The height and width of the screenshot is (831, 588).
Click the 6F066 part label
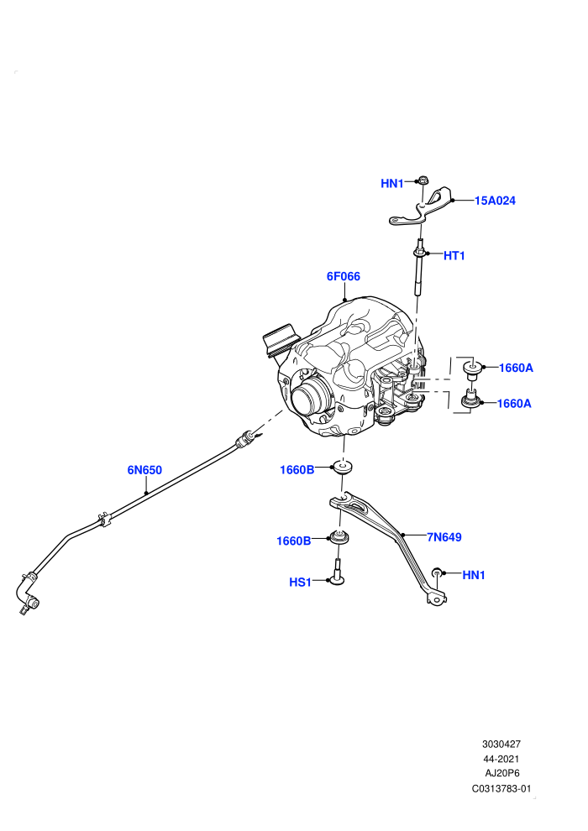pos(343,276)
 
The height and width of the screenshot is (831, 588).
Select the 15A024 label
pos(495,201)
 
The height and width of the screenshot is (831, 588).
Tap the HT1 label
pos(454,255)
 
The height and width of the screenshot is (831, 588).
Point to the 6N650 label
pos(144,469)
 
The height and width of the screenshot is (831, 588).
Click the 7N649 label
pos(444,537)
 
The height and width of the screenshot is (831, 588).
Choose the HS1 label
pos(300,582)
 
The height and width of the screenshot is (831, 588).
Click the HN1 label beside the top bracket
pos(391,183)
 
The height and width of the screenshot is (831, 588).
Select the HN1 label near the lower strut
pos(474,575)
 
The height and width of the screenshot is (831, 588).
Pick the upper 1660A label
pos(516,368)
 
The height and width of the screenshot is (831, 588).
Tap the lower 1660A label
pos(514,403)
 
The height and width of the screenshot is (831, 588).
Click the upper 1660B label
pos(297,469)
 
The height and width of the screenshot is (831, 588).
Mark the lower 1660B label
pos(294,541)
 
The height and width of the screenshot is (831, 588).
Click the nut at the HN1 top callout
pos(423,180)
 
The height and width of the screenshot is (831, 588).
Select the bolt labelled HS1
pos(336,572)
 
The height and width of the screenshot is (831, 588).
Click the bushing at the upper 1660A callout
pos(471,368)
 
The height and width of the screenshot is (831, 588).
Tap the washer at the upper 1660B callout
pos(342,468)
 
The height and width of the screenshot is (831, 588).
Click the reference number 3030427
pos(501,744)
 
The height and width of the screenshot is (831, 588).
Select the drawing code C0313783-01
pos(501,788)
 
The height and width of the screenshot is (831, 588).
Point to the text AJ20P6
pos(502,773)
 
